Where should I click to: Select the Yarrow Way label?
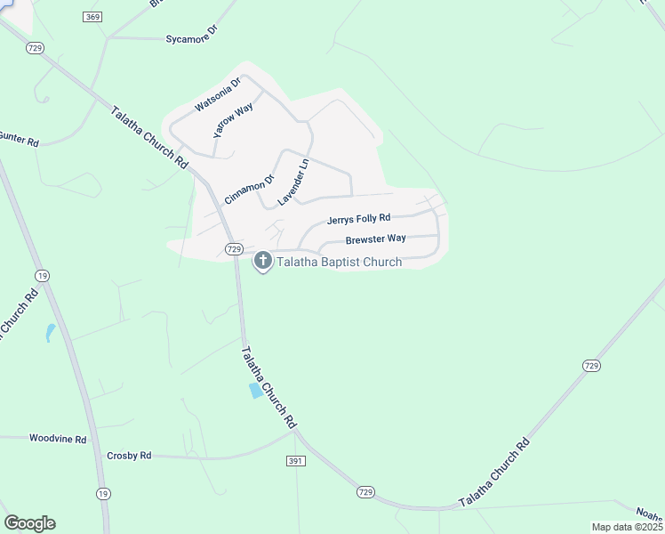234,119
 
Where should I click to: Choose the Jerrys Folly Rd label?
358,219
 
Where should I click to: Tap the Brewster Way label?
375,239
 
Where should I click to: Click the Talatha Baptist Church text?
340,262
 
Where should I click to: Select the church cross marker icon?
263,261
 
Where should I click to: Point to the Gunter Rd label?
20,140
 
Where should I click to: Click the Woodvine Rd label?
58,439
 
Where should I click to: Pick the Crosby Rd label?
129,455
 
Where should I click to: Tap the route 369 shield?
92,17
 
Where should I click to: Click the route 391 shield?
297,461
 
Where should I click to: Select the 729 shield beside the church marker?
234,249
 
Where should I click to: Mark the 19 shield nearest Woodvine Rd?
104,494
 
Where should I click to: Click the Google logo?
29,522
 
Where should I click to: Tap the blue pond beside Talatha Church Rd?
257,391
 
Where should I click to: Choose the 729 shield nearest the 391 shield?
365,491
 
